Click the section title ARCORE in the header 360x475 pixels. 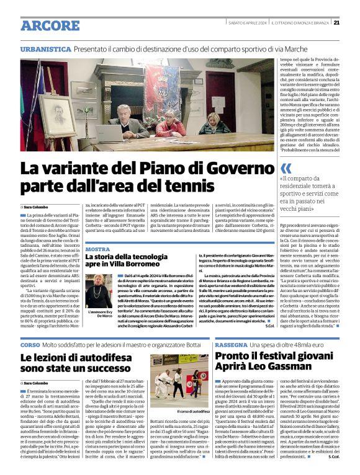(45, 25)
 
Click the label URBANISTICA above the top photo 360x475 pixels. (44, 49)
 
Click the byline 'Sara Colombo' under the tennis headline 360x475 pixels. (37, 206)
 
